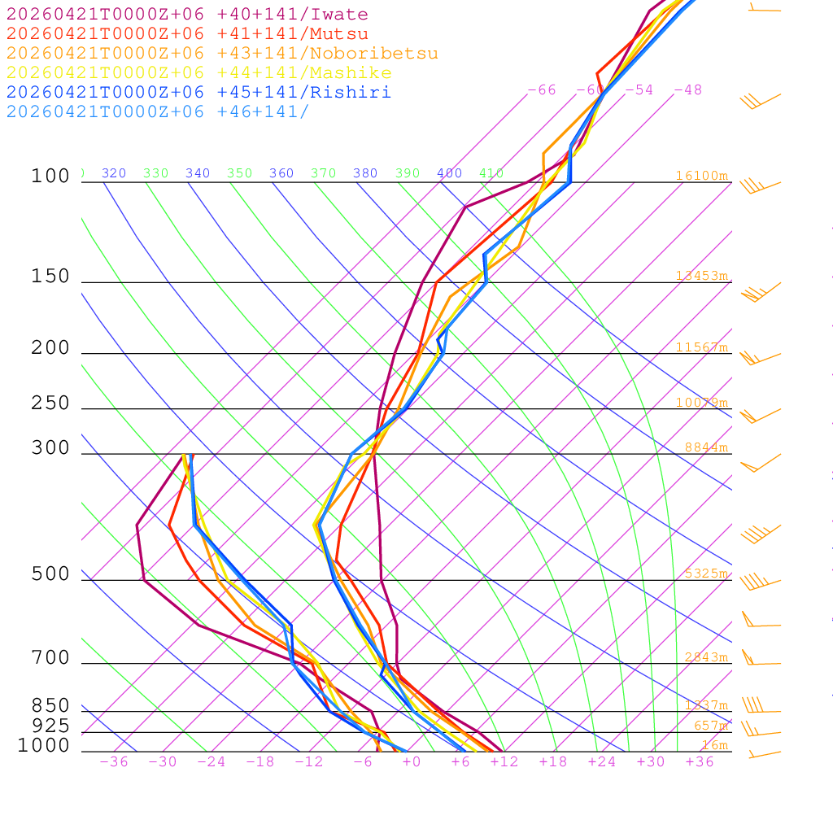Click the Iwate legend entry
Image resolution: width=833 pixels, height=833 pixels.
[x=187, y=15]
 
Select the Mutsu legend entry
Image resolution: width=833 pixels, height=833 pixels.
[x=187, y=34]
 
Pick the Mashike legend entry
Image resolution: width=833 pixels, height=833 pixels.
[x=198, y=73]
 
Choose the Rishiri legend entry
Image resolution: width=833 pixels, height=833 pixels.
[x=198, y=93]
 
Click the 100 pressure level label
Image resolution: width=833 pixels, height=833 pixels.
[x=50, y=176]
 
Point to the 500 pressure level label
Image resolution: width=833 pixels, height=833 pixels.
[x=50, y=574]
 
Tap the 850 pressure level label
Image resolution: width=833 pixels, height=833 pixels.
[x=50, y=705]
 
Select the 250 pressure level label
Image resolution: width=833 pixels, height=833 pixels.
[x=50, y=403]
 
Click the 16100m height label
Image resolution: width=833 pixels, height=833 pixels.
[x=701, y=176]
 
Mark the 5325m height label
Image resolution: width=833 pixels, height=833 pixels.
[x=705, y=574]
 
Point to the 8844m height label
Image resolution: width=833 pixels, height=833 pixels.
[x=705, y=447]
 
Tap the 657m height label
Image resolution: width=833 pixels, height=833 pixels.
[x=710, y=726]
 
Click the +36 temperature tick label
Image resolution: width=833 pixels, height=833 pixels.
[x=700, y=761]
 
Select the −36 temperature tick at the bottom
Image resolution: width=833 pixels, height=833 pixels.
[x=114, y=761]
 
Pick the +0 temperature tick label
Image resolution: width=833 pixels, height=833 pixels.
[x=412, y=761]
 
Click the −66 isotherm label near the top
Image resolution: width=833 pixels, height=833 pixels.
[x=542, y=89]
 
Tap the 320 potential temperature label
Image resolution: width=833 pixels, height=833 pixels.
[x=114, y=173]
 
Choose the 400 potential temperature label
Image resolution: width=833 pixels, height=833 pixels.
[x=449, y=173]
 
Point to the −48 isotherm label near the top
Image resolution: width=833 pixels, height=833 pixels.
[x=687, y=89]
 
